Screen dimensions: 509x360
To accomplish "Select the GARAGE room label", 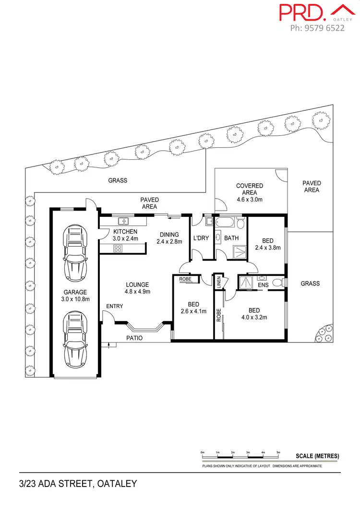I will click(x=75, y=292).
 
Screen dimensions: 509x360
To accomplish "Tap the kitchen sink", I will click(x=123, y=221).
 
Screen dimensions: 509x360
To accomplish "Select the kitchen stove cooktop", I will click(x=118, y=248).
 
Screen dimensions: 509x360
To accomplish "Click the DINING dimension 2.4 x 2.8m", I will click(x=169, y=242).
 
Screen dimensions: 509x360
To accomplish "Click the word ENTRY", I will click(x=115, y=307).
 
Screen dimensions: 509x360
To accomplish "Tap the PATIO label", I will click(x=134, y=338).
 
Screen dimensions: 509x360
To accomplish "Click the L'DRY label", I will click(x=201, y=238).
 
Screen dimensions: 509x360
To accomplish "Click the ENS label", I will click(x=263, y=285).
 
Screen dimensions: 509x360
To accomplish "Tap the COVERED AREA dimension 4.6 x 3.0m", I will click(x=250, y=199).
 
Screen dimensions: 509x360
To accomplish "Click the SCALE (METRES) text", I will click(x=317, y=456).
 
